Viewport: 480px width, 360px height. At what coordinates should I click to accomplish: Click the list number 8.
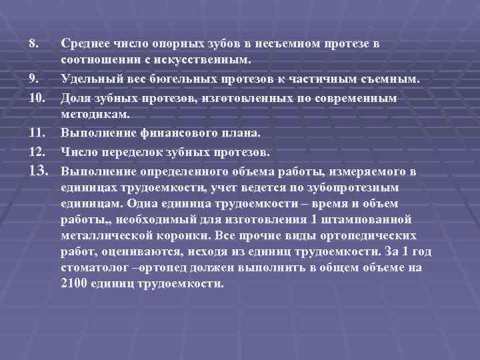pos(33,43)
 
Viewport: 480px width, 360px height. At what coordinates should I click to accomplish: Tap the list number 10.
pos(36,98)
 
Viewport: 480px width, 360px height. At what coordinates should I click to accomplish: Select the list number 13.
pos(38,171)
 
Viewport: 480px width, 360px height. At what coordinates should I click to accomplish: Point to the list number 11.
pos(36,134)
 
